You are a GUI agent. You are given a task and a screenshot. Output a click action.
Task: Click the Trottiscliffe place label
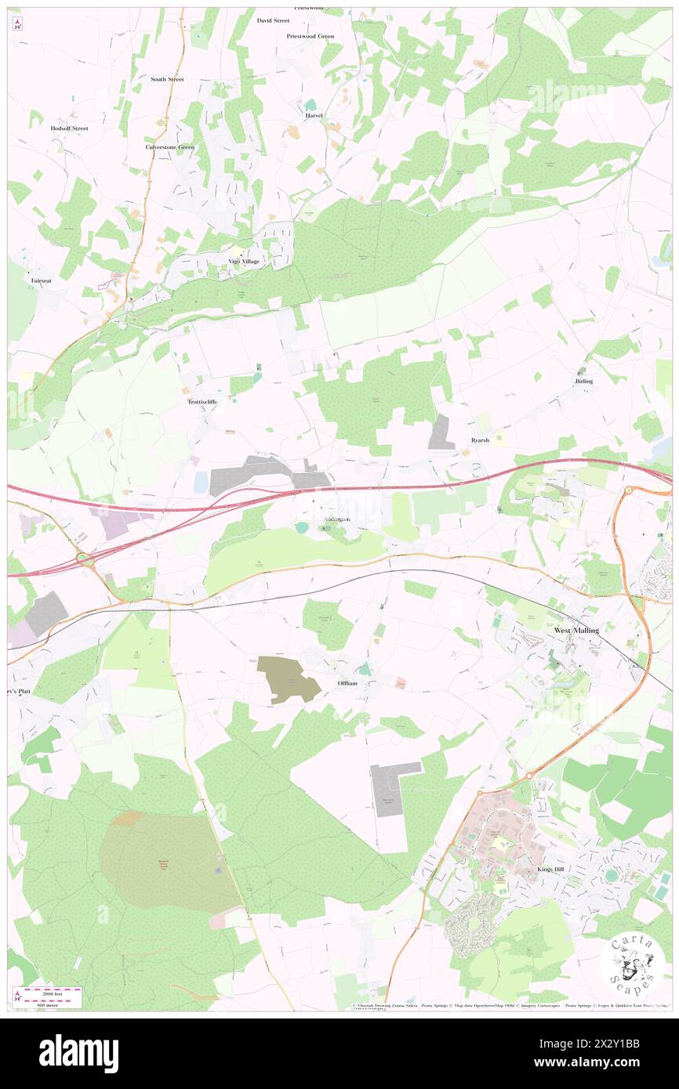point(202,401)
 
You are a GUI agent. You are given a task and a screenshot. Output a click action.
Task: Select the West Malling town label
point(576,630)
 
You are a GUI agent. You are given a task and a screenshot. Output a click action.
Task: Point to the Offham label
point(347,683)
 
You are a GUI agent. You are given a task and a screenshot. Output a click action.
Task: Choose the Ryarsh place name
point(480,440)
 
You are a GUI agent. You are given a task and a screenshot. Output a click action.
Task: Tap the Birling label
point(583,381)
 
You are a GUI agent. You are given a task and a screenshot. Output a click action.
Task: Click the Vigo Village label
point(244,261)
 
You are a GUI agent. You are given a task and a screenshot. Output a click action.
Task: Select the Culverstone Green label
point(169,147)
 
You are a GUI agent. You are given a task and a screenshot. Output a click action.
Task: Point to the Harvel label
point(314,115)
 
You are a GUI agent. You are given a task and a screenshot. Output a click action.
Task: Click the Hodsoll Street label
point(69,128)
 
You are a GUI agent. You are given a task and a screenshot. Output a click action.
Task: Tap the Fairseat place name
point(42,280)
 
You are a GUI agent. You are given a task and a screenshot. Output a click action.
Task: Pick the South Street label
point(167,79)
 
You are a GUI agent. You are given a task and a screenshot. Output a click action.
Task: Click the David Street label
point(273,20)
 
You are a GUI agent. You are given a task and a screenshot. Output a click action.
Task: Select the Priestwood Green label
point(310,36)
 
